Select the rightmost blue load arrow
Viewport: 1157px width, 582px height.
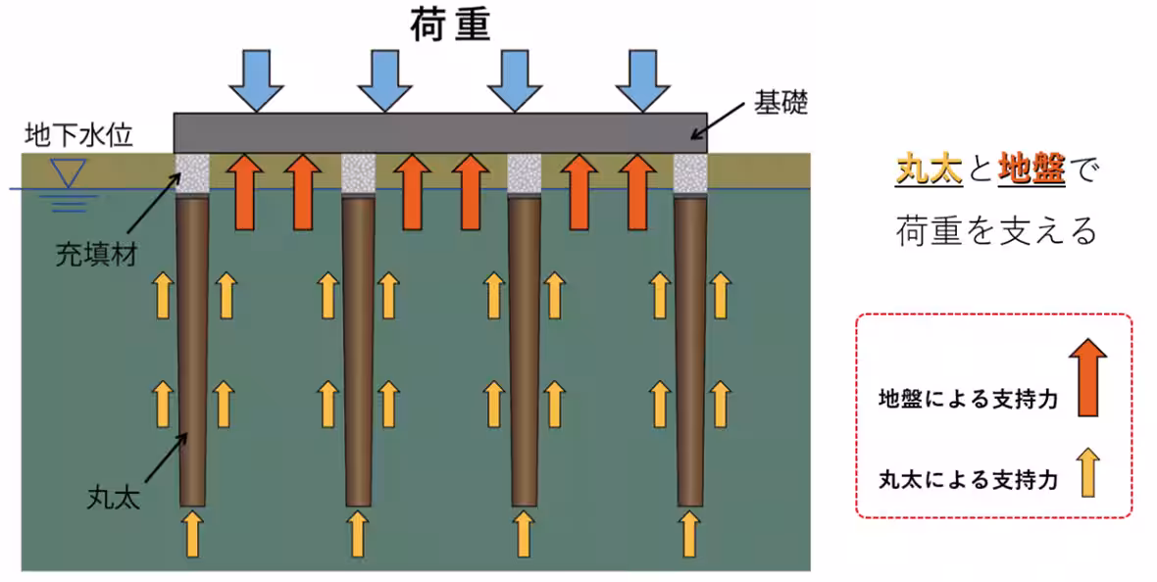(x=642, y=79)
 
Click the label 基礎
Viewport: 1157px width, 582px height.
(x=780, y=102)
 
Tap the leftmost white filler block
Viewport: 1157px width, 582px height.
(x=191, y=173)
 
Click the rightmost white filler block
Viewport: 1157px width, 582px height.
(x=690, y=173)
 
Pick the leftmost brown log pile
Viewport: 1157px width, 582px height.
(x=191, y=353)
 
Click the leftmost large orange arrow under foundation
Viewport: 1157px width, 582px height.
(x=244, y=190)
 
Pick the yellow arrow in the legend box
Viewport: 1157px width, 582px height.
(x=1089, y=472)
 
